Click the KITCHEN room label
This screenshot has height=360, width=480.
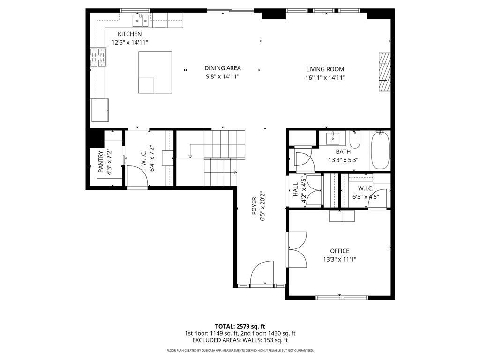tap(129, 34)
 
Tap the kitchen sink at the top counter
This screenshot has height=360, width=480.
tap(141, 21)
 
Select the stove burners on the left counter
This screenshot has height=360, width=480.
tap(98, 57)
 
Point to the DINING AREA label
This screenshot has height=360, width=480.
tap(223, 68)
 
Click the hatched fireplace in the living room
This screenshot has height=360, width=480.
tap(385, 72)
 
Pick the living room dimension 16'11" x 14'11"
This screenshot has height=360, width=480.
tap(325, 78)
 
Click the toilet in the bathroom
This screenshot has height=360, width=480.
tap(355, 140)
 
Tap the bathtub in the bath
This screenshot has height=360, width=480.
tap(380, 150)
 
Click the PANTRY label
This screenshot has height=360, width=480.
tap(101, 161)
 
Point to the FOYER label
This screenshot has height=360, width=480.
tap(254, 206)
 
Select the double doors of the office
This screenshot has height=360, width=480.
tap(297, 249)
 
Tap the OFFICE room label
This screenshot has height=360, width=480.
tap(339, 251)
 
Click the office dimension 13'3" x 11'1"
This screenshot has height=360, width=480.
tap(339, 260)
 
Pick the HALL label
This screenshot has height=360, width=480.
tap(295, 189)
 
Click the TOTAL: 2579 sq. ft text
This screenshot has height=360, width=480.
tap(240, 326)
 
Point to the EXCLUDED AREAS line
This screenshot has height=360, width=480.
tap(240, 340)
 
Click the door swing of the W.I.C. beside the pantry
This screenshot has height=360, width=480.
tap(137, 176)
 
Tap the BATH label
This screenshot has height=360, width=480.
tap(343, 151)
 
